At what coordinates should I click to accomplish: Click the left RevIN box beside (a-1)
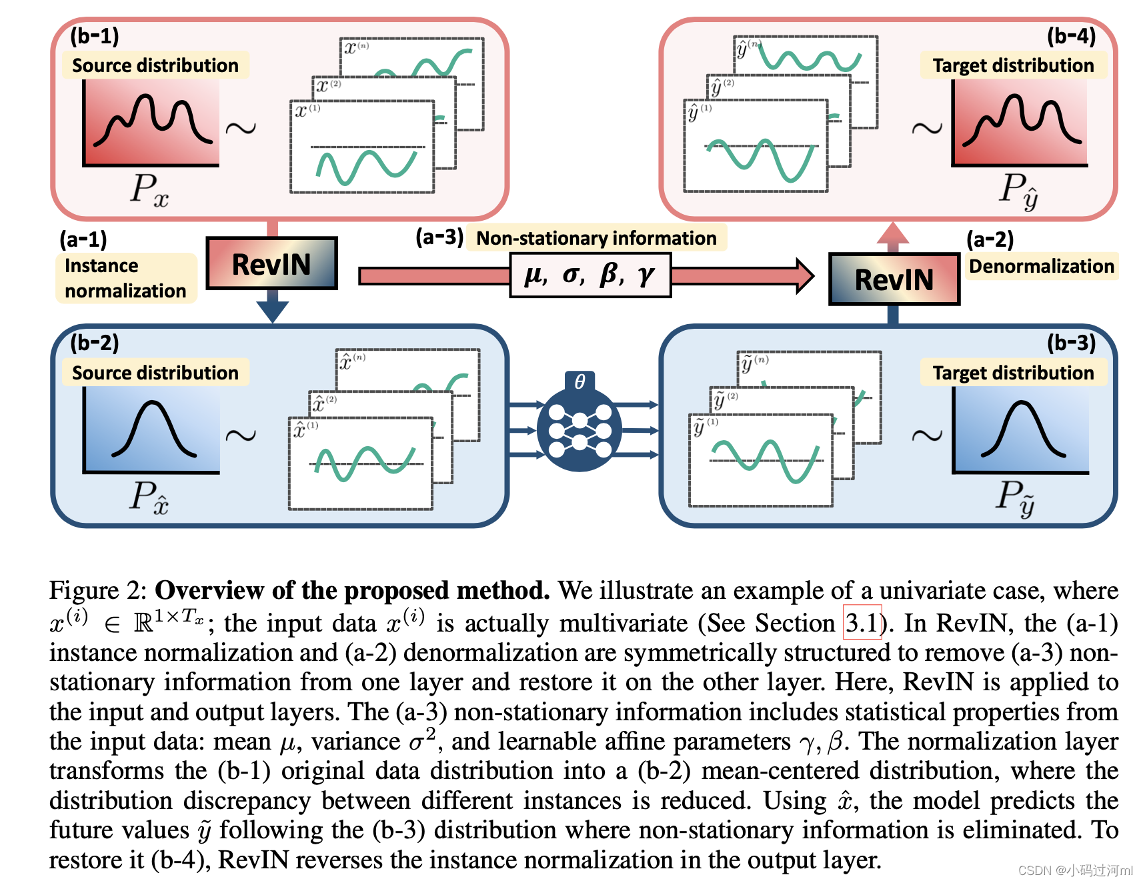(x=271, y=263)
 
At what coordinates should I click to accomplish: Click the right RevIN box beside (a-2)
(x=894, y=279)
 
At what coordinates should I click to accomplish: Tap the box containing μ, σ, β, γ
(x=590, y=275)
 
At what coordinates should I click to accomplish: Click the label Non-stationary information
(x=596, y=238)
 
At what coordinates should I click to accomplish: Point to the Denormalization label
(x=1041, y=266)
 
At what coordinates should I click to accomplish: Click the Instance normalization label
(x=125, y=278)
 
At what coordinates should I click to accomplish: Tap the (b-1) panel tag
(x=95, y=35)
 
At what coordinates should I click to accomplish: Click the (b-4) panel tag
(x=1071, y=35)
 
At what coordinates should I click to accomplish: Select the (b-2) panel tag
(x=95, y=343)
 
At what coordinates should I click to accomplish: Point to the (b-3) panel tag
(x=1071, y=343)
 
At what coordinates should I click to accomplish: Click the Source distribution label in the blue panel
(x=155, y=373)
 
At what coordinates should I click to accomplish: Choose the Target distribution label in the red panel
(x=1013, y=65)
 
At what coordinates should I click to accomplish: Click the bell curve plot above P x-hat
(x=152, y=430)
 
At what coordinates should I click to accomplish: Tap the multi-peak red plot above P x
(x=151, y=122)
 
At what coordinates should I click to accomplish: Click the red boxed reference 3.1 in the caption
(x=862, y=622)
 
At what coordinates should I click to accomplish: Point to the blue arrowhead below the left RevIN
(x=272, y=310)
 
